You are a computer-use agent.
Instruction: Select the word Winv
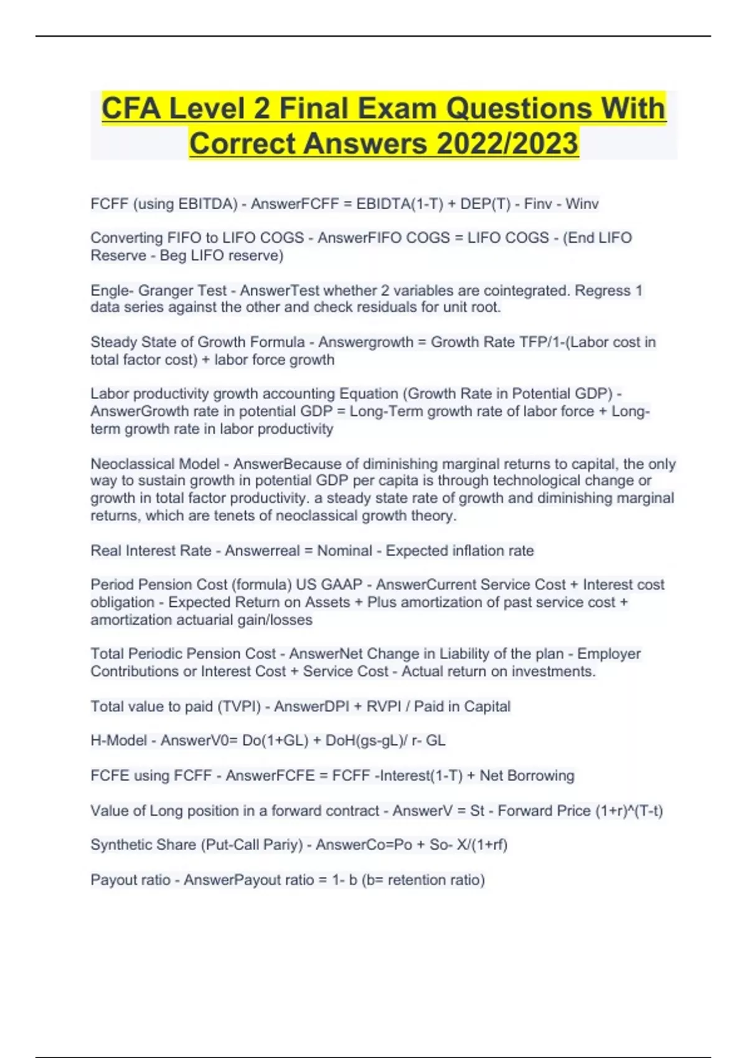point(581,204)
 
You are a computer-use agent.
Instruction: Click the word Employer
point(609,654)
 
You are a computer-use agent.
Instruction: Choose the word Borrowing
point(542,776)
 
